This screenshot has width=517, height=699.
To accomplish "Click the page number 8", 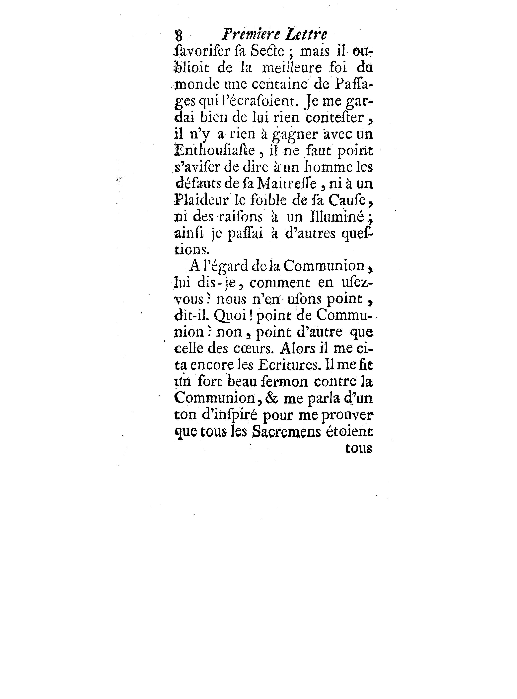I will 179,35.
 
